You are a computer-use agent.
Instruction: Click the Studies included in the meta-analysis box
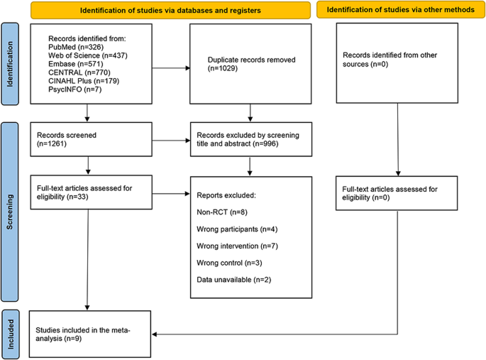click(90, 334)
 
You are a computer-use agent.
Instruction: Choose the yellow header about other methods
click(400, 10)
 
